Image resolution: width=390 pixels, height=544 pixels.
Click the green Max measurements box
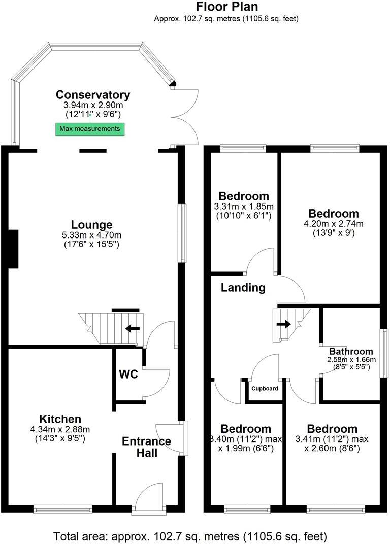90,129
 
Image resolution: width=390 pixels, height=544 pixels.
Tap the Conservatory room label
93,95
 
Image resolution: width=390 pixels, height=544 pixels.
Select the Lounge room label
91,225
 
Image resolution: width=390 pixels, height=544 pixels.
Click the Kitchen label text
60,419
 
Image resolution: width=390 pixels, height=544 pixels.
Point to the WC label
128,375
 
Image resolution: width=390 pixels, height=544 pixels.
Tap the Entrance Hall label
146,447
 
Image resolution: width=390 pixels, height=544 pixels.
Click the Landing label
243,288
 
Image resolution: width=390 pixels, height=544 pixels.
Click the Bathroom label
351,351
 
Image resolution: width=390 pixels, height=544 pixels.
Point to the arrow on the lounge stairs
134,328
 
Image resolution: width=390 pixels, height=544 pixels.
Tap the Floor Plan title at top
226,7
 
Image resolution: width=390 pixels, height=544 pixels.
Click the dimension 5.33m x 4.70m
91,235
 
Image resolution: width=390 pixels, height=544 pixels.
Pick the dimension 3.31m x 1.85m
243,207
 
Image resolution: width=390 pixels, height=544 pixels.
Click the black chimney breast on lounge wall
13,249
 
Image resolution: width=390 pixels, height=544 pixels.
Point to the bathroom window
385,353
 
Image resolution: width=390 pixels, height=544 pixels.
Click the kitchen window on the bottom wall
63,507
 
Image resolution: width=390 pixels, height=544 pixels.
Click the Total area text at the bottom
190,536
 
